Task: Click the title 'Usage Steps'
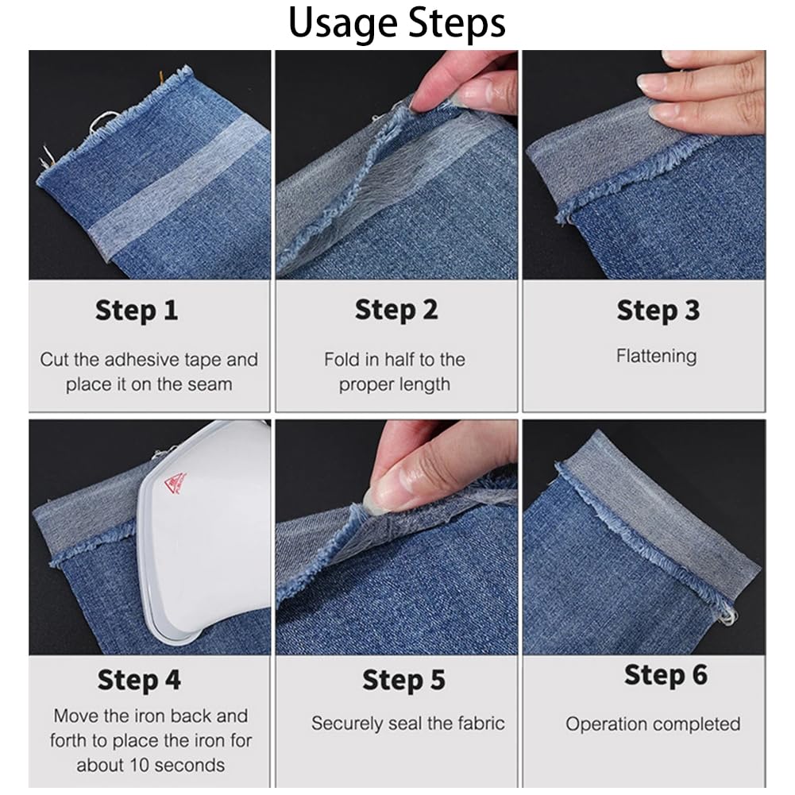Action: (397, 23)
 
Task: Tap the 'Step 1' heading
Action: (137, 311)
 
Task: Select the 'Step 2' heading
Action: (396, 310)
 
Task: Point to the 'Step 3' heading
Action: (658, 311)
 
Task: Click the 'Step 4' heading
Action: (139, 680)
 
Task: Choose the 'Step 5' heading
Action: (403, 680)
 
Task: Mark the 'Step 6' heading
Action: (666, 675)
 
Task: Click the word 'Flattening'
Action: (656, 356)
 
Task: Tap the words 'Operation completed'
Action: (653, 724)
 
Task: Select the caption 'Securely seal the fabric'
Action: (407, 724)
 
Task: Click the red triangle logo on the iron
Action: (176, 482)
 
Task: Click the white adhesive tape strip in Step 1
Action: (177, 187)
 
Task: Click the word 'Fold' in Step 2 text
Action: (342, 360)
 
